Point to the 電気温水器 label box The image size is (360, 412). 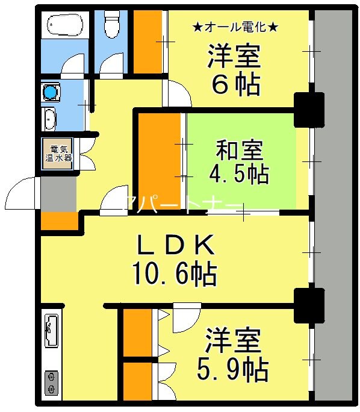tap(58, 154)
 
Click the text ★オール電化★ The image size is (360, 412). tap(235, 27)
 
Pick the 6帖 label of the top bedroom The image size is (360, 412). tap(235, 86)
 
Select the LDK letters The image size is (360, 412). tap(175, 245)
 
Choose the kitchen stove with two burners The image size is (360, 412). tap(52, 383)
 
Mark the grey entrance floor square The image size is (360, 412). tap(58, 193)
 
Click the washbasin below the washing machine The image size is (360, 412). tap(49, 118)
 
